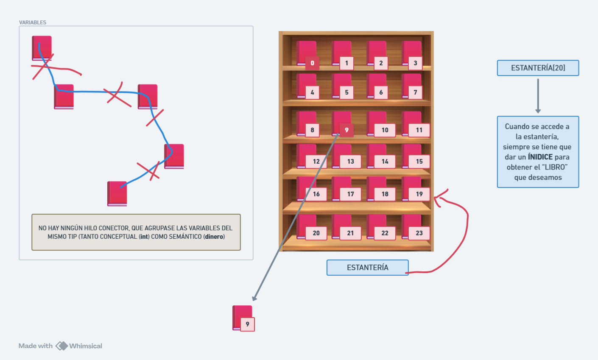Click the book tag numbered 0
[x=312, y=63]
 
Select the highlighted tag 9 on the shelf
[x=347, y=130]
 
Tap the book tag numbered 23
[x=419, y=233]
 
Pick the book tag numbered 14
[x=385, y=162]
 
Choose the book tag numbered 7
[x=415, y=92]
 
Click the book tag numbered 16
[x=316, y=194]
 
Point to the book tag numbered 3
[x=415, y=63]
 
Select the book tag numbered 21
[x=350, y=233]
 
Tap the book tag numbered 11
[x=419, y=130]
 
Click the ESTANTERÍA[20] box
[x=538, y=68]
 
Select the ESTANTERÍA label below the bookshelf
[x=367, y=268]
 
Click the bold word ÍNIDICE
[x=540, y=157]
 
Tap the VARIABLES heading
[x=33, y=22]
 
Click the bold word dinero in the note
[x=214, y=237]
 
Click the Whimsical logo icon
[x=62, y=346]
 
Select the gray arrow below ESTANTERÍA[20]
[x=538, y=95]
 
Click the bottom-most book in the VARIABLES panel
[x=117, y=194]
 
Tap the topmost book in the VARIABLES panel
[x=42, y=48]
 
